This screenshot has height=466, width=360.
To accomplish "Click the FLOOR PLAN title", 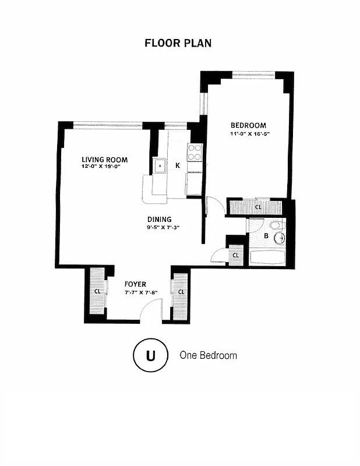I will click(x=178, y=43).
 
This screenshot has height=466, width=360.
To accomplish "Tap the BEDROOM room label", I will click(x=248, y=125).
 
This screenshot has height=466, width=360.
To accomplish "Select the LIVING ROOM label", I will click(x=104, y=160).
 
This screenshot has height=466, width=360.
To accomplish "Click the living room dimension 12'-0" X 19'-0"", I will click(x=104, y=167).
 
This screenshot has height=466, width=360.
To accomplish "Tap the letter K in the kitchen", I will click(x=177, y=166).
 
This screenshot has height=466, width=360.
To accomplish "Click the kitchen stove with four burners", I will click(x=194, y=152).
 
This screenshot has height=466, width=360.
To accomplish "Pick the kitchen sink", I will click(x=160, y=166).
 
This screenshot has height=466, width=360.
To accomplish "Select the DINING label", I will click(x=159, y=220).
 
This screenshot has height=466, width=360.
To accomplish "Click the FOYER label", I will click(x=135, y=284).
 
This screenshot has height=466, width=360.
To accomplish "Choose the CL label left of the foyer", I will click(x=97, y=291).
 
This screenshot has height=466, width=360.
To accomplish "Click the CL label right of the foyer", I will click(x=181, y=291).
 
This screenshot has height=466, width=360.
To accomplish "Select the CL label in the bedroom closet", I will click(x=257, y=207).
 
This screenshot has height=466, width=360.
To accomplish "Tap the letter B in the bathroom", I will click(x=266, y=236).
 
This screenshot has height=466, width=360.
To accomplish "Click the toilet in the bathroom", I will click(x=276, y=225).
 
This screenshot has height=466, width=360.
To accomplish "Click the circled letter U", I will click(x=150, y=355).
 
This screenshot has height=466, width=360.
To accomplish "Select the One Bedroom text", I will click(x=208, y=355).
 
